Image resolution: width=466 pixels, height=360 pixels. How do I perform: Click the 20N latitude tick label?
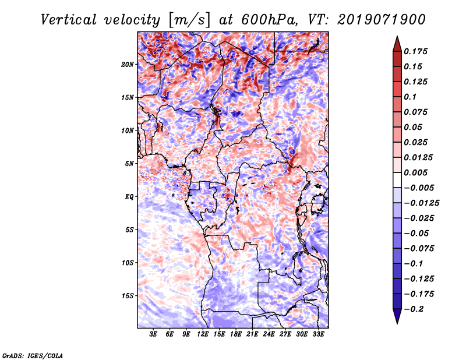(128, 64)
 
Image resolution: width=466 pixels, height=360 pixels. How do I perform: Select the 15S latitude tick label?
(128, 296)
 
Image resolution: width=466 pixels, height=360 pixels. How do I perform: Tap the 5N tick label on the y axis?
(129, 164)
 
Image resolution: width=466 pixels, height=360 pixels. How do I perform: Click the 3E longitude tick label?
(154, 334)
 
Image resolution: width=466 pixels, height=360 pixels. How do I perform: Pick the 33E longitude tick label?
(318, 334)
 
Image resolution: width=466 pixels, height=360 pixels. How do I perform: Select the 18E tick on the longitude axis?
(236, 334)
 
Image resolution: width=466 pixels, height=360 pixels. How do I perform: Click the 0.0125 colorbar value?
(419, 158)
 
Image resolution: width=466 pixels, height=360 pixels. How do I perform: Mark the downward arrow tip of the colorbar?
(397, 322)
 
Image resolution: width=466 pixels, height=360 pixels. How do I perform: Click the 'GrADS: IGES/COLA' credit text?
(33, 355)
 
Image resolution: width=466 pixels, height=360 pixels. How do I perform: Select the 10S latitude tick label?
(128, 263)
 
